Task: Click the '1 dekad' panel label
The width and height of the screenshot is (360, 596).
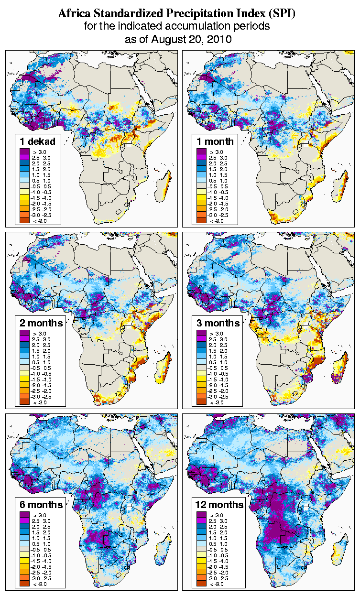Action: [x=38, y=141]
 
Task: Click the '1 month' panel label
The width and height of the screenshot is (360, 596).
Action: [x=216, y=141]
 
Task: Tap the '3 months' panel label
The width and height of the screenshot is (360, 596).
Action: [x=218, y=323]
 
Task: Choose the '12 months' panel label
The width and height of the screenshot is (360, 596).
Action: [x=219, y=504]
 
